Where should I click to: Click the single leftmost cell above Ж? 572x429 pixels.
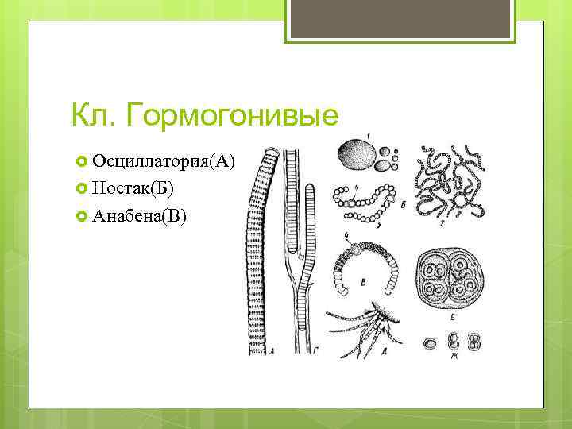pyautogui.click(x=430, y=344)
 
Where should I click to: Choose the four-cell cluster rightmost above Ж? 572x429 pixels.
pyautogui.click(x=474, y=342)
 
